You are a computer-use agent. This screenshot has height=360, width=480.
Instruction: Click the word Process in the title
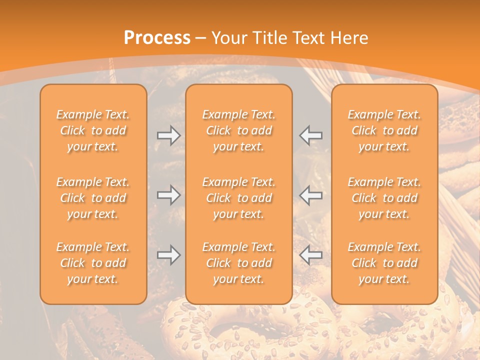click(x=157, y=38)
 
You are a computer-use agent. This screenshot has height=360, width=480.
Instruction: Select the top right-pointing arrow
click(x=168, y=135)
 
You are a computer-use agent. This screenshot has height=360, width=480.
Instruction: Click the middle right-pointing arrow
click(x=168, y=195)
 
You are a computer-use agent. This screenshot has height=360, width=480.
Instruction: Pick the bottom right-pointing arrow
click(x=168, y=255)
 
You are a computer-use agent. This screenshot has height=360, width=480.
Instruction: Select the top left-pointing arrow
click(x=310, y=135)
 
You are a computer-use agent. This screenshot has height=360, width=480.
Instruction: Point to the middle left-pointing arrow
click(x=310, y=195)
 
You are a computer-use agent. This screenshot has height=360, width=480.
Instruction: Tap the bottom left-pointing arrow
click(x=310, y=255)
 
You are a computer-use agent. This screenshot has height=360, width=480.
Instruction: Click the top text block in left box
click(x=93, y=130)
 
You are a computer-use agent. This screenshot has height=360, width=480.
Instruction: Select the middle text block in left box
click(x=93, y=198)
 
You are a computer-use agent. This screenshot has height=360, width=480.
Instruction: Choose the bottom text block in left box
click(x=93, y=263)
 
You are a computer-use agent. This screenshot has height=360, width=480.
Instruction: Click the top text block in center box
click(x=238, y=130)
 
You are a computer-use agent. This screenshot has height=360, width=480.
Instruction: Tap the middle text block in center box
click(x=238, y=198)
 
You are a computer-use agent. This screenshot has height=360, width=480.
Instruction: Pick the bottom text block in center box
click(x=238, y=263)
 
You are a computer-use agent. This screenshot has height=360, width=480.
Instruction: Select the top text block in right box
click(x=384, y=130)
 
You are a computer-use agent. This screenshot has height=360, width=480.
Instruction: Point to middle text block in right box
click(x=384, y=198)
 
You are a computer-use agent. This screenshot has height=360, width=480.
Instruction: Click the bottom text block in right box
click(x=384, y=263)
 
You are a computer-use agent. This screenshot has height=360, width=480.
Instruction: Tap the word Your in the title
click(x=228, y=38)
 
